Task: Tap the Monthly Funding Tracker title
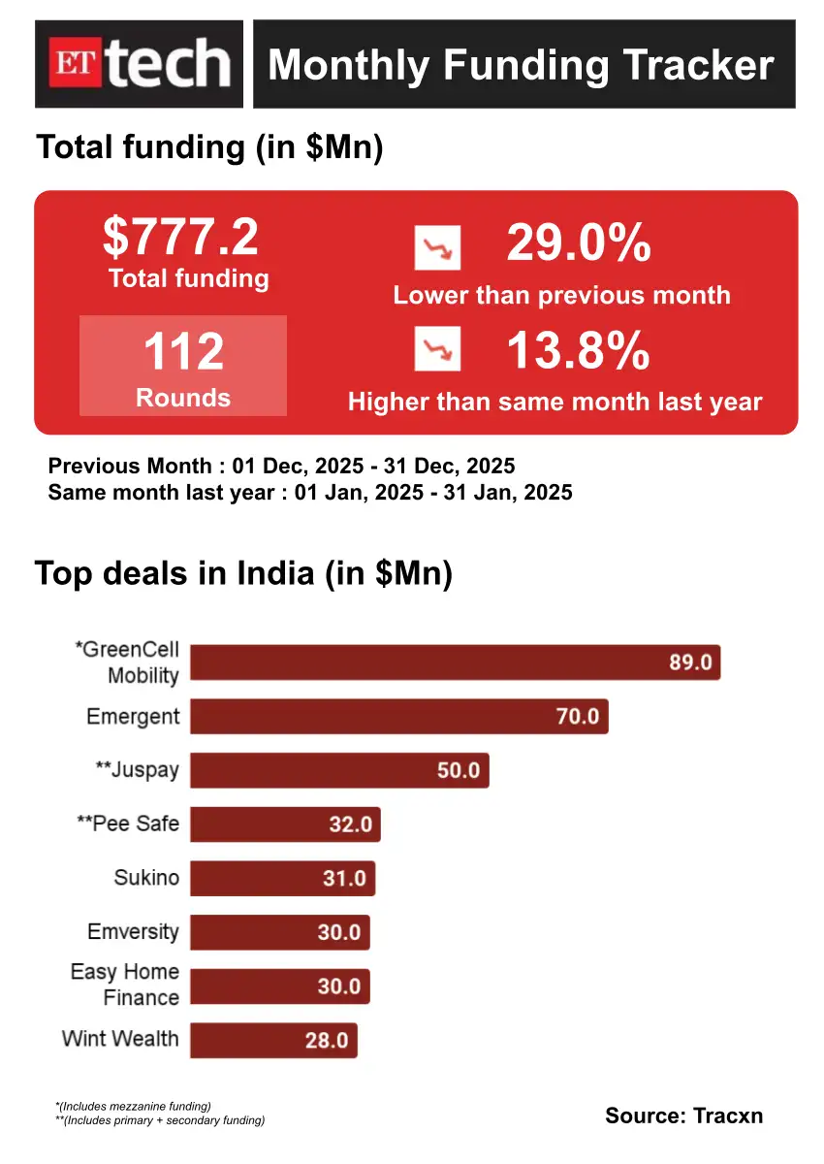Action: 522,65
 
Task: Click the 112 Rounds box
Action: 183,366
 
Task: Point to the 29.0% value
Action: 579,243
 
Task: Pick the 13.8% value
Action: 579,350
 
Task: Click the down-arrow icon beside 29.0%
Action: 437,248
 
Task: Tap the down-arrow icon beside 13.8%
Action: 437,349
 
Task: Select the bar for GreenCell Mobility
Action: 455,663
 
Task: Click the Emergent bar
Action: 398,717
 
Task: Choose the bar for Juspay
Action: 339,771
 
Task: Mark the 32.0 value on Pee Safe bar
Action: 350,825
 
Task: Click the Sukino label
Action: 146,878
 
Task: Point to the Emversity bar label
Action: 133,932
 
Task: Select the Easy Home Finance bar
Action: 279,986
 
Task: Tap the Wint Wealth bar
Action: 273,1041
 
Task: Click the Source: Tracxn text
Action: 683,1115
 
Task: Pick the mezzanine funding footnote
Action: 134,1106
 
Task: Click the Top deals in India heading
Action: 244,573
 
